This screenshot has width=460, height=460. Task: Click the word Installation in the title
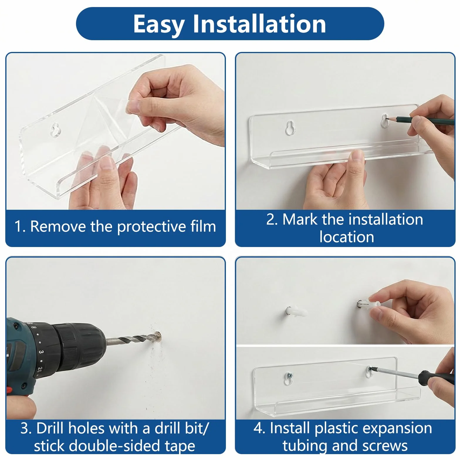click(x=259, y=24)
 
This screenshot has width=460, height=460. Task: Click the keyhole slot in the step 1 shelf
click(x=55, y=130)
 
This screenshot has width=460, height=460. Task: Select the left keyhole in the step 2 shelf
click(x=290, y=128)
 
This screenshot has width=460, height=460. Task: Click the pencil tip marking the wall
click(x=387, y=119)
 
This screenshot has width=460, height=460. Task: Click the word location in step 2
click(x=347, y=237)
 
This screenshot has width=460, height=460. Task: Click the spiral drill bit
click(x=132, y=339)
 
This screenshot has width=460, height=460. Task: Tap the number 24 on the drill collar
click(x=39, y=371)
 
